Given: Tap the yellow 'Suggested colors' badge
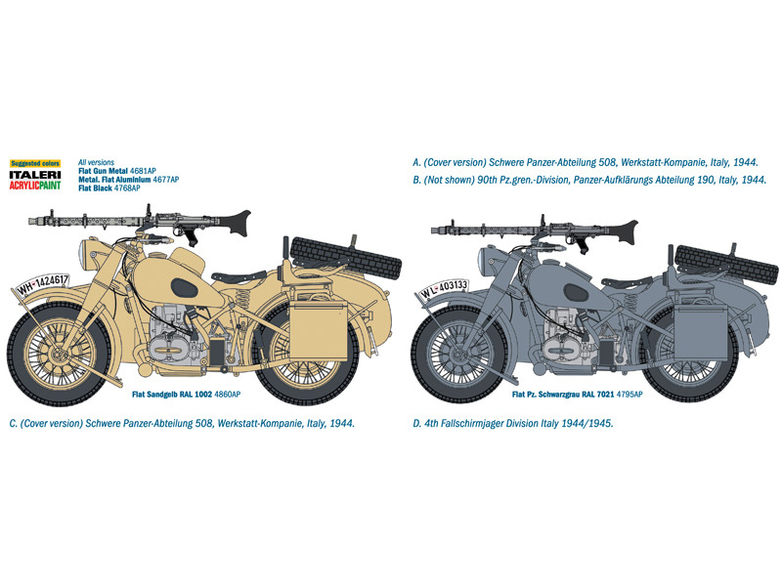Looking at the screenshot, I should [x=35, y=162].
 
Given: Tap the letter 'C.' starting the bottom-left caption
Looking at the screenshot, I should [x=11, y=424].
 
